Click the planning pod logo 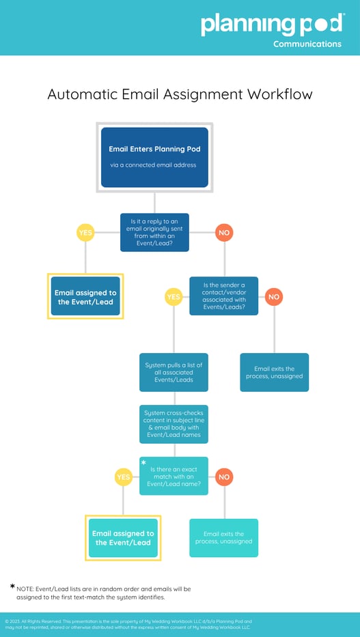click(272, 25)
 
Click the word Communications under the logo click(307, 44)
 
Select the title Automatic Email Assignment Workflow click(180, 94)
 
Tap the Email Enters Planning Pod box click(154, 157)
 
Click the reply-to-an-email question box click(154, 233)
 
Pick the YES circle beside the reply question click(85, 233)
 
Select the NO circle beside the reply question click(224, 233)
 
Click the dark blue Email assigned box click(85, 296)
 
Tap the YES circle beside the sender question click(174, 297)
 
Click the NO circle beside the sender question click(274, 296)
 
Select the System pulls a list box click(174, 372)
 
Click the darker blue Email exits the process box click(274, 372)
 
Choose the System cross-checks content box click(174, 423)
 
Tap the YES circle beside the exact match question click(123, 477)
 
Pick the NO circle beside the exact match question click(224, 477)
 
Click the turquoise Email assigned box click(123, 538)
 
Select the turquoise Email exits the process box click(224, 538)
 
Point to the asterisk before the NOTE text click(12, 586)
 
